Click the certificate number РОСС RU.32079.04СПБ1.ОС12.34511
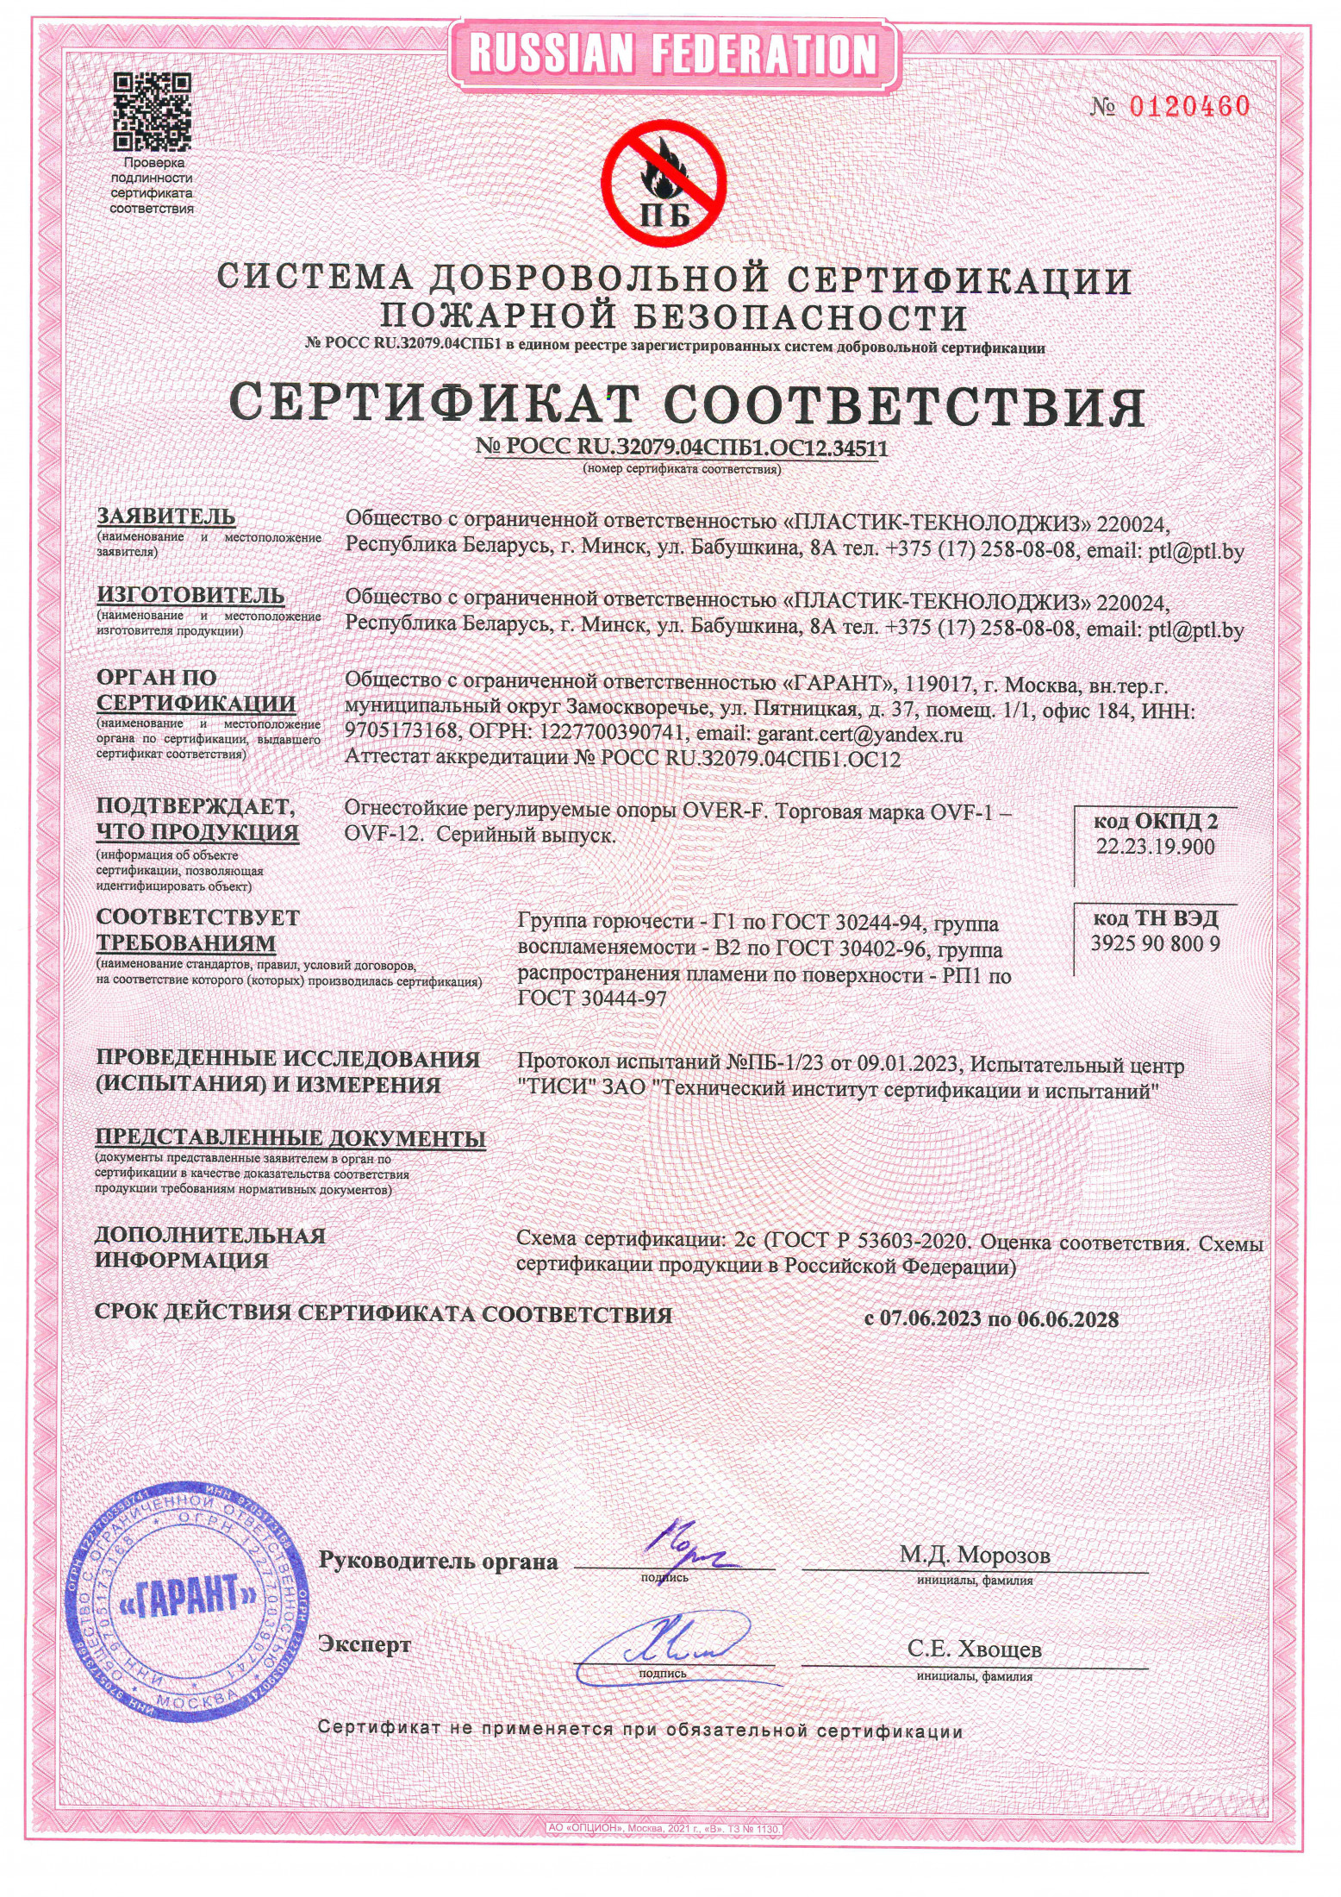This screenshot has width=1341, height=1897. [x=681, y=448]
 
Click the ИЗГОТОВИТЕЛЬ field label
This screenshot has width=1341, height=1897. [x=190, y=595]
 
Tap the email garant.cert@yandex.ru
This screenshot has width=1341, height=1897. [x=858, y=735]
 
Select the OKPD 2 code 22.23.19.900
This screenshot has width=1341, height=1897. [x=1155, y=846]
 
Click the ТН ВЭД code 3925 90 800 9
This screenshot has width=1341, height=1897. [x=1155, y=942]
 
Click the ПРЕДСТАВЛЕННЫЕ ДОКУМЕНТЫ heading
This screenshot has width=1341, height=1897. [x=290, y=1138]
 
